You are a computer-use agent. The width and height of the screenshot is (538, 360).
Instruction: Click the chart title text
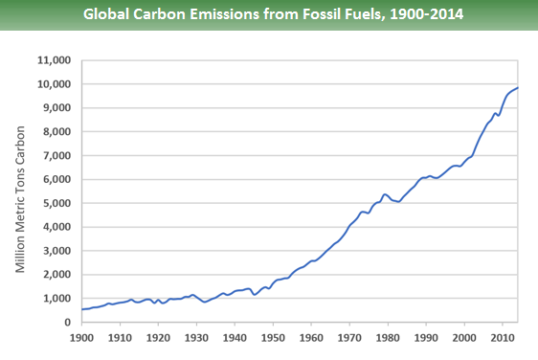[269, 15]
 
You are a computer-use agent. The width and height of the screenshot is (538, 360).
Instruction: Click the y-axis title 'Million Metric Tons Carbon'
[20, 191]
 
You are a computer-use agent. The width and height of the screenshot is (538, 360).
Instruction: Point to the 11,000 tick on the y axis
[55, 60]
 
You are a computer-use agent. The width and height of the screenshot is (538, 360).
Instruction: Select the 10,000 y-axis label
[55, 84]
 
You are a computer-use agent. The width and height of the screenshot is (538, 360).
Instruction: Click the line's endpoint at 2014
[518, 88]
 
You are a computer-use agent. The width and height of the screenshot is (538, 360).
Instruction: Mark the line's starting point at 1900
[81, 309]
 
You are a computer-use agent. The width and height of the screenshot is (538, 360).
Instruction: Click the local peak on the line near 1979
[384, 194]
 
